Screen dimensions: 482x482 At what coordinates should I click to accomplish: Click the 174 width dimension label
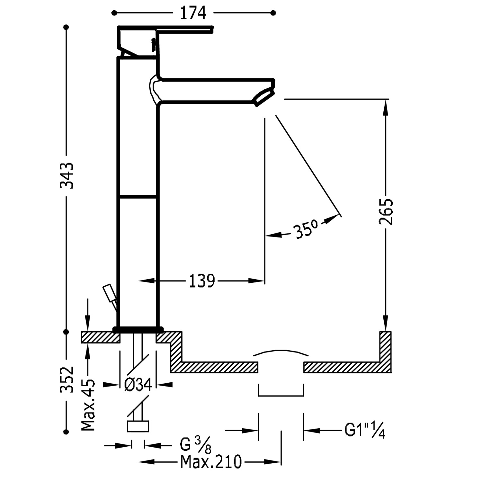[193, 13]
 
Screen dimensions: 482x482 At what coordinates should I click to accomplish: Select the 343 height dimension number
[67, 175]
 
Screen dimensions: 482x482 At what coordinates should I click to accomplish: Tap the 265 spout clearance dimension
[386, 212]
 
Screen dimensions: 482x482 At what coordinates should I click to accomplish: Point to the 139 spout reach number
[201, 281]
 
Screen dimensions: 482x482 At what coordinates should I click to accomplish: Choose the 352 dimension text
[67, 379]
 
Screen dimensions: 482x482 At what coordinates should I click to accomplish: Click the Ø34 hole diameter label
[138, 384]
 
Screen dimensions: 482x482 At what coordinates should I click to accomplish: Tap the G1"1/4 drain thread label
[364, 430]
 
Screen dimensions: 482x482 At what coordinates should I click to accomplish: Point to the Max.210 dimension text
[211, 462]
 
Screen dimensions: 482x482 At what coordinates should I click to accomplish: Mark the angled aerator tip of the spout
[264, 98]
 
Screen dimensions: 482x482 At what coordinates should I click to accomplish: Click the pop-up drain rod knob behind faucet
[109, 292]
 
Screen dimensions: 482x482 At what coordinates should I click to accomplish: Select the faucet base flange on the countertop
[138, 329]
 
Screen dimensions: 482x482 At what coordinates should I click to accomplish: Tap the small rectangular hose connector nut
[138, 426]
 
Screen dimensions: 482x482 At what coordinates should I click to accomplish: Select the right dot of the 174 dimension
[273, 13]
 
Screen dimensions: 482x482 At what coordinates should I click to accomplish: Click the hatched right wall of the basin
[385, 347]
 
